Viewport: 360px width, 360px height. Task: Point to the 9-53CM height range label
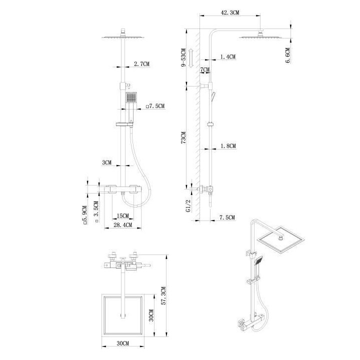coord(183,58)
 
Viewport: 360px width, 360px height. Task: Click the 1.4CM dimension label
coord(227,57)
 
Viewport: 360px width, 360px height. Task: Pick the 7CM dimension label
coord(204,70)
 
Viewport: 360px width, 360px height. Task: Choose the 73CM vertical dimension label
coord(183,138)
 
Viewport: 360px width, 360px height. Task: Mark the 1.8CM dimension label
coord(227,146)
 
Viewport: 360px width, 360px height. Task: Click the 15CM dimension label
coord(122,216)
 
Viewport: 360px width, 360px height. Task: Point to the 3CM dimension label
coord(106,163)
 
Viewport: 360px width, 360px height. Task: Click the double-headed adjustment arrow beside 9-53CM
coord(191,58)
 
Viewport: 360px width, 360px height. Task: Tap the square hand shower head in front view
coord(130,97)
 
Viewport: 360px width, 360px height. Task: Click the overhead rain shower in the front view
coord(122,37)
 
